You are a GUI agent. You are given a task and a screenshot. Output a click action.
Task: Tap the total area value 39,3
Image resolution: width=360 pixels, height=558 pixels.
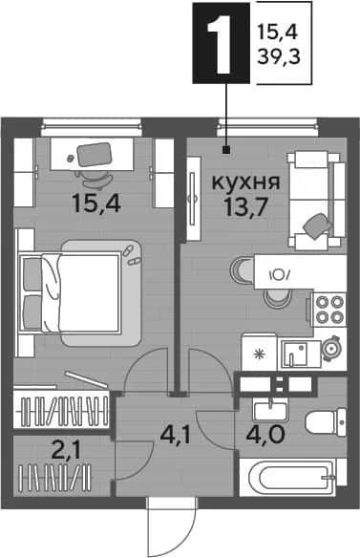(x=279, y=56)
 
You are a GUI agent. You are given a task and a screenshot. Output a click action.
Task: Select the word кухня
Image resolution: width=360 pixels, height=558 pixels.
(x=245, y=182)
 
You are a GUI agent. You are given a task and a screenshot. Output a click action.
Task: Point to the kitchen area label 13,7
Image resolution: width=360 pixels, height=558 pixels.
(x=245, y=207)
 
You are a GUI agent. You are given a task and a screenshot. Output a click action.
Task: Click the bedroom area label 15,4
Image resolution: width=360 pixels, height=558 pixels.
(x=96, y=203)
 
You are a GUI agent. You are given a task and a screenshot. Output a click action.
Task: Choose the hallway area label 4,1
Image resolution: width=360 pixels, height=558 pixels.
(x=176, y=435)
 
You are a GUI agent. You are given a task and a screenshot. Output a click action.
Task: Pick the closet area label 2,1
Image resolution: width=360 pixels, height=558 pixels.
(x=66, y=451)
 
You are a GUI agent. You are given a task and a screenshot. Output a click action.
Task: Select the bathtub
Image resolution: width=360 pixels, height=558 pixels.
(x=293, y=477)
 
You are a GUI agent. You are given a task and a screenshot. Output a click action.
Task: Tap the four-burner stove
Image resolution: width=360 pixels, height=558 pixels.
(x=329, y=310)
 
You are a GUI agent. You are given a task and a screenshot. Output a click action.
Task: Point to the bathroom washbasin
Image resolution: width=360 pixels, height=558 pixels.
(x=270, y=409)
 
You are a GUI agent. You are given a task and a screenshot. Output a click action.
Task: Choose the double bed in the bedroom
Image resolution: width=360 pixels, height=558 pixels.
(x=70, y=292)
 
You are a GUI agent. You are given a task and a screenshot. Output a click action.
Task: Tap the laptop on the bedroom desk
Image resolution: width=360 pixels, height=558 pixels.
(x=95, y=155)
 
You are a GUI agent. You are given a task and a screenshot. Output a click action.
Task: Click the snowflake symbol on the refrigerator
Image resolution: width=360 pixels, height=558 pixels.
(x=259, y=354)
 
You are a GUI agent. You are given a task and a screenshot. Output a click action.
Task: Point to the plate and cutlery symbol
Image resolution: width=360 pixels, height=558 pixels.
(x=281, y=274)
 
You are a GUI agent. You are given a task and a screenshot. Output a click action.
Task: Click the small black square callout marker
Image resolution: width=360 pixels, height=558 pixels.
(x=225, y=151)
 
